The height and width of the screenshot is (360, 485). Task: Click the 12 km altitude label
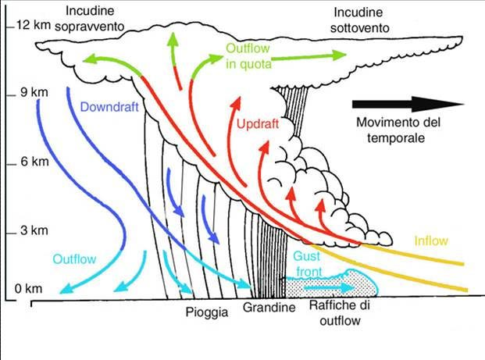coord(34,25)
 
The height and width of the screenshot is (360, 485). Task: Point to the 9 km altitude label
coord(34,92)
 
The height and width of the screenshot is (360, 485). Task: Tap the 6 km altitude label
coord(34,162)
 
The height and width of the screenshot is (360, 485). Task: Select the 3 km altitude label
coord(34,230)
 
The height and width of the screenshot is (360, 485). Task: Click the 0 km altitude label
coord(28,289)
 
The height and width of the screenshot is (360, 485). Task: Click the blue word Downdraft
coord(109,107)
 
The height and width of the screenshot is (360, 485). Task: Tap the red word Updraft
coord(258,124)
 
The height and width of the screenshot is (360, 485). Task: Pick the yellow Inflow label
coord(431,241)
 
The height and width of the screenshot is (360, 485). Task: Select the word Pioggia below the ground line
coord(207,312)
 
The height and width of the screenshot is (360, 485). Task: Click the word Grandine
coord(269,308)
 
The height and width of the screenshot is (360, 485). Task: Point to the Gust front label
coord(308,264)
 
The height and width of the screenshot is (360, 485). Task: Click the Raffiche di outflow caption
coord(340,313)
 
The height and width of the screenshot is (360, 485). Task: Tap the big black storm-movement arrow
coord(408,104)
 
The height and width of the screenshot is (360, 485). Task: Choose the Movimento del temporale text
coord(398,130)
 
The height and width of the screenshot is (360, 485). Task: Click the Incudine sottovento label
coord(359,20)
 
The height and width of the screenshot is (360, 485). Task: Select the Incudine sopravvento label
coord(90,19)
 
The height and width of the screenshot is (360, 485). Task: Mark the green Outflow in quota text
coord(248,56)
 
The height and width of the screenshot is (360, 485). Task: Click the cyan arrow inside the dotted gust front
coord(329,288)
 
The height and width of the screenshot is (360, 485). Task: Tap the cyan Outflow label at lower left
coord(74,259)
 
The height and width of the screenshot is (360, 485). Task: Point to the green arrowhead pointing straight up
coord(173,39)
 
